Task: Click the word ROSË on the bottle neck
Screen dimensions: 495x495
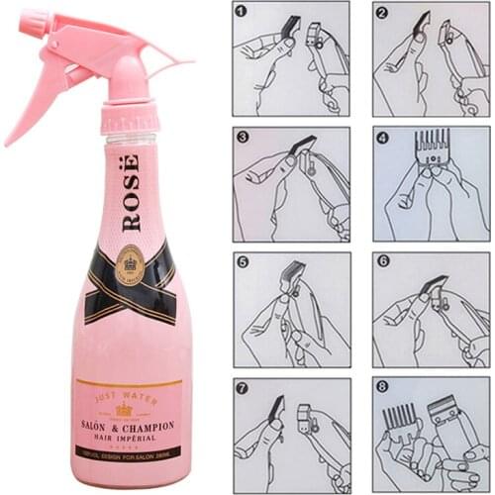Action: (131, 193)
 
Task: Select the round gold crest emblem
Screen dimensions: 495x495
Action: (130, 264)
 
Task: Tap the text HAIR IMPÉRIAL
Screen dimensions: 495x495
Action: (129, 439)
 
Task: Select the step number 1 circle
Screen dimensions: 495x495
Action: (242, 12)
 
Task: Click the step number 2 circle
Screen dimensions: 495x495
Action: (382, 12)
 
